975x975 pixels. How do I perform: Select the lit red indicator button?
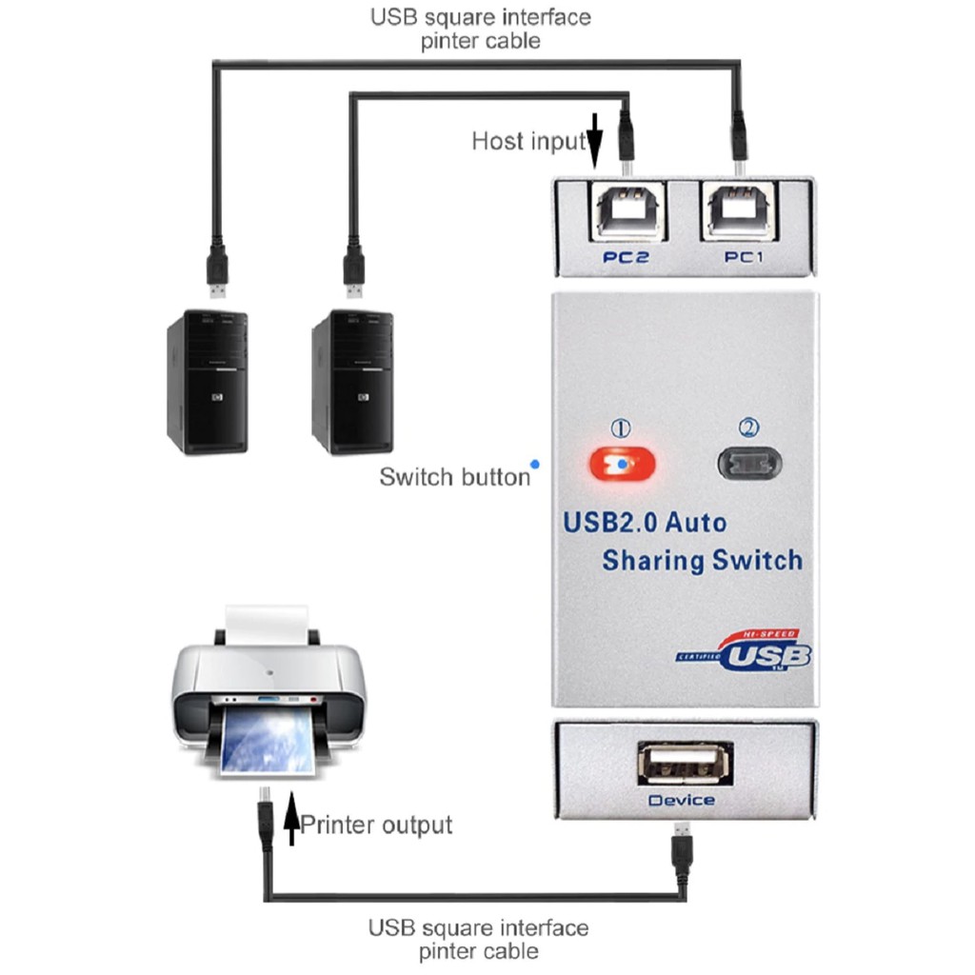(624, 465)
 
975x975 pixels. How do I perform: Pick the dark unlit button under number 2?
(748, 465)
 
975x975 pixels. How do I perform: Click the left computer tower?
(207, 381)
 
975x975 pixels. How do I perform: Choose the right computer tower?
(351, 381)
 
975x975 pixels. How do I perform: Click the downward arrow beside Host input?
(594, 140)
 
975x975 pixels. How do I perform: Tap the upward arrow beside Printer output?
(290, 823)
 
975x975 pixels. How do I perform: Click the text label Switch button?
(454, 476)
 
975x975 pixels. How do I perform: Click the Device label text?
(681, 801)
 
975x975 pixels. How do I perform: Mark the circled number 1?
(620, 429)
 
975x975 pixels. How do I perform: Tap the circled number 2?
(748, 429)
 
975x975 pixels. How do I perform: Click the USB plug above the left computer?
(218, 270)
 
